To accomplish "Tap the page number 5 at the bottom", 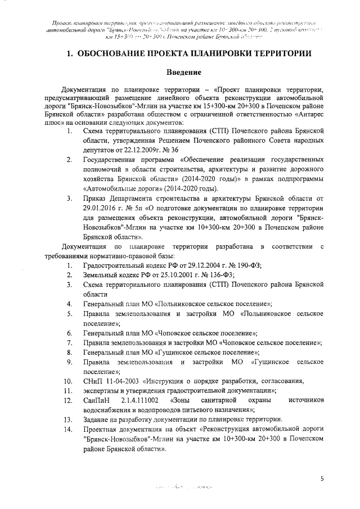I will (x=322, y=479).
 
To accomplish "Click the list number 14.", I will (x=67, y=430).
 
